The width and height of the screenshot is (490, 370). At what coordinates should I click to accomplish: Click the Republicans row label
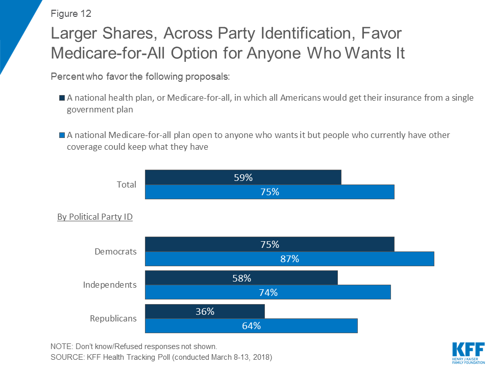[113, 318]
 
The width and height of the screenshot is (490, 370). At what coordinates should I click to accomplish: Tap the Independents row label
[110, 285]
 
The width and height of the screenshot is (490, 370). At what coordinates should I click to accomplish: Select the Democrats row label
[115, 251]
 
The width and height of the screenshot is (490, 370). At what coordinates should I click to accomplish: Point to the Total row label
[126, 184]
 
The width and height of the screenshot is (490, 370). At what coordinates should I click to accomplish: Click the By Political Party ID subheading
[95, 217]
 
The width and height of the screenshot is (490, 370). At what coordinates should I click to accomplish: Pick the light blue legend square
[62, 136]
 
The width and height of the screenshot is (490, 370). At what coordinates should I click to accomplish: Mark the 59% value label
[243, 177]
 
